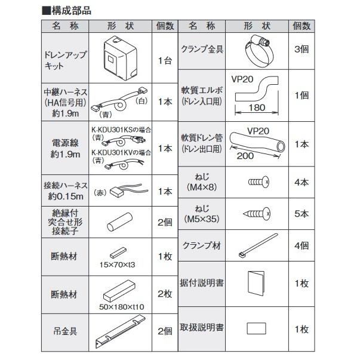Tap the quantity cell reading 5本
point(301,213)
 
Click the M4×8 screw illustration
point(259,180)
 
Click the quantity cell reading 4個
point(301,245)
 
